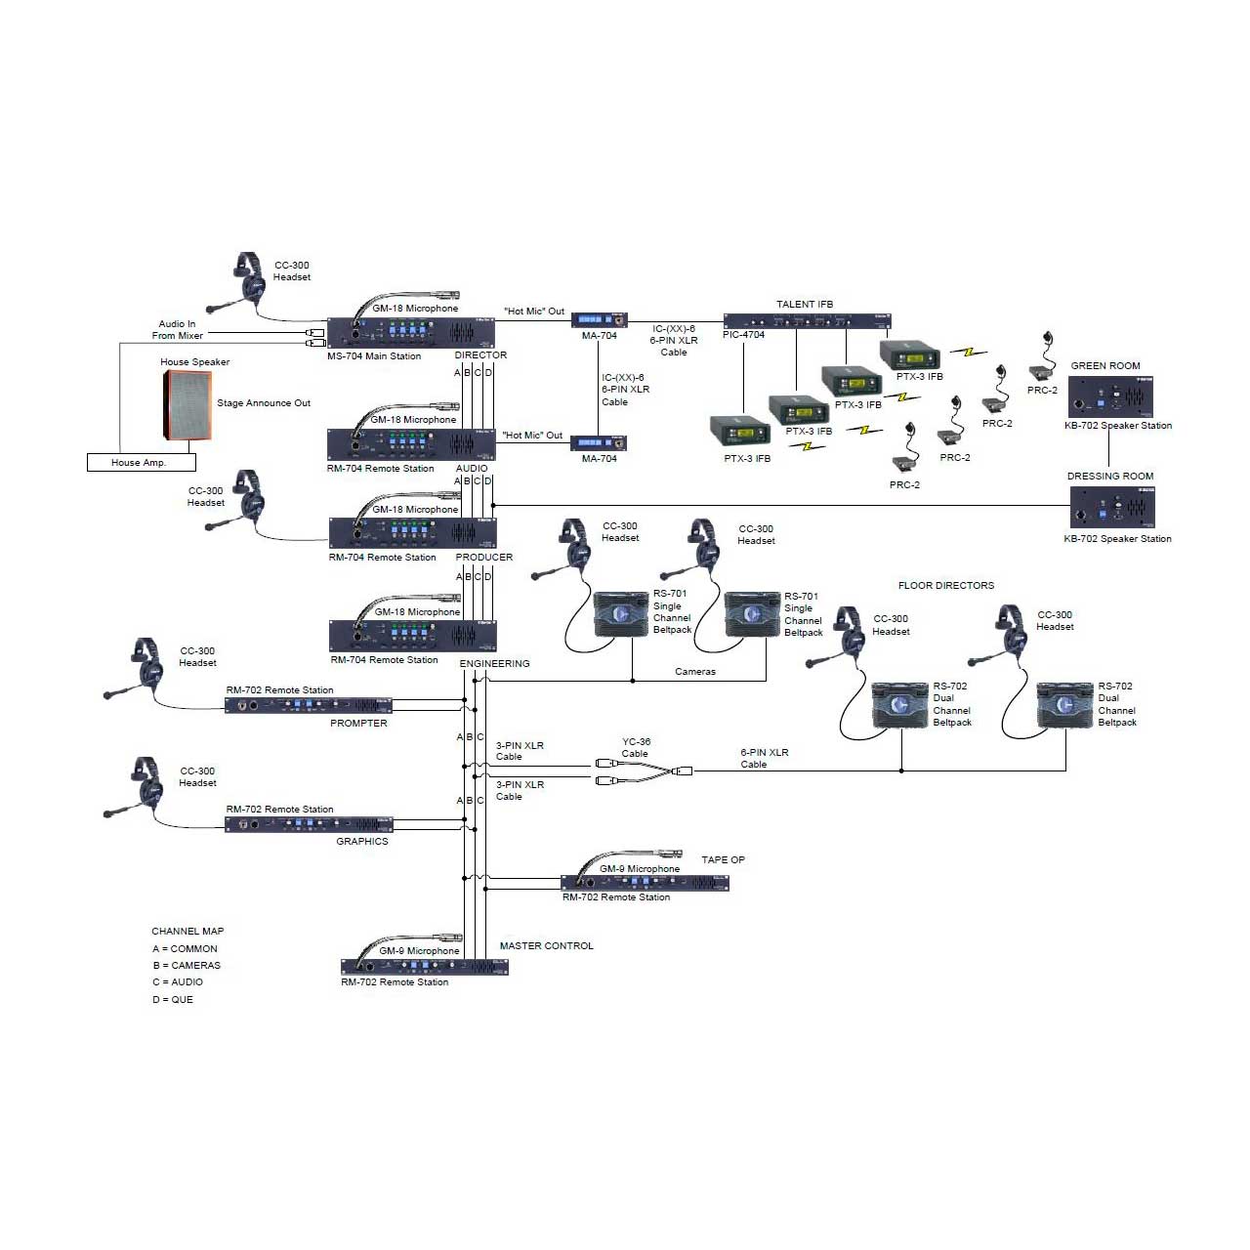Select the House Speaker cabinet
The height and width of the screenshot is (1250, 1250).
(187, 405)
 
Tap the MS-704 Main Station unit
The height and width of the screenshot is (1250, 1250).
(411, 333)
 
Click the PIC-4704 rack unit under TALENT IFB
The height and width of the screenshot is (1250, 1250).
(807, 321)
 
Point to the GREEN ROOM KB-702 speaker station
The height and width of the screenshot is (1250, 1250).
(1110, 397)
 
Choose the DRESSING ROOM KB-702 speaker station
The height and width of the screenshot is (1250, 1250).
(1112, 508)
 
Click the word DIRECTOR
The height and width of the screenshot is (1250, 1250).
(480, 355)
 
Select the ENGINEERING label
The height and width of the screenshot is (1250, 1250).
(494, 664)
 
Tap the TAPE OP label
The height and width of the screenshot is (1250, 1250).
(724, 860)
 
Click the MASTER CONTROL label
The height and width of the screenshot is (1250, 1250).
(547, 946)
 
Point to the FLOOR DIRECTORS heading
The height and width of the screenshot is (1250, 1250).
(946, 586)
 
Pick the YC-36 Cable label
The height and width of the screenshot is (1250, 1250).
(636, 748)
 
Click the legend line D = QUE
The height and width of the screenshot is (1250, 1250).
(173, 1000)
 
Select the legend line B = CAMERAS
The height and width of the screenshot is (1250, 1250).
(187, 965)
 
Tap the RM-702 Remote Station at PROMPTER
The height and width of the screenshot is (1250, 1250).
(309, 706)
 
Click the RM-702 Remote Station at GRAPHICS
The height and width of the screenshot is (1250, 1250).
(309, 824)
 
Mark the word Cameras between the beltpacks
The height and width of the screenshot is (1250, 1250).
(695, 672)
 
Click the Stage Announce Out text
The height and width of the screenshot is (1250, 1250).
(264, 402)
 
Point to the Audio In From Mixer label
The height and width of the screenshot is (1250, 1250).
(177, 329)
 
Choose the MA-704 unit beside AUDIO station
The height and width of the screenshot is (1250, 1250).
(599, 443)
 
